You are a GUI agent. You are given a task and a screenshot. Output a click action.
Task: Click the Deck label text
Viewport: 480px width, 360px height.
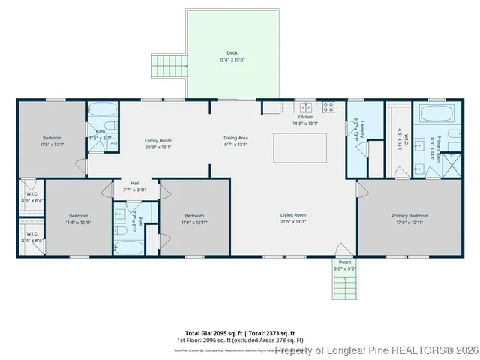pos(232,53)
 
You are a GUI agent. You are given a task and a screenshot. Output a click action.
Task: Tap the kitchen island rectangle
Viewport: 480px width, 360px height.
pos(304,148)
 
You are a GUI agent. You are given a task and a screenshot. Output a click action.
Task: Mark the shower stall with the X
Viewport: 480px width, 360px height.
pos(451,164)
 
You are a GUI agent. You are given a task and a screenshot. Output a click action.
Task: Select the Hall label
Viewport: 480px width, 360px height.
pos(135,183)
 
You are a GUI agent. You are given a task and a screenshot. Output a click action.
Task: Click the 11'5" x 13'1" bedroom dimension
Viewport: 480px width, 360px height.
pos(52,145)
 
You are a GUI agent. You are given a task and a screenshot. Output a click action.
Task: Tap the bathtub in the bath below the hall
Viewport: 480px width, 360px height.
pos(130,247)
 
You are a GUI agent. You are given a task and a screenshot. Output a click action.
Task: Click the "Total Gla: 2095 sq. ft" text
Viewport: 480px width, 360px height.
pos(211,332)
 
